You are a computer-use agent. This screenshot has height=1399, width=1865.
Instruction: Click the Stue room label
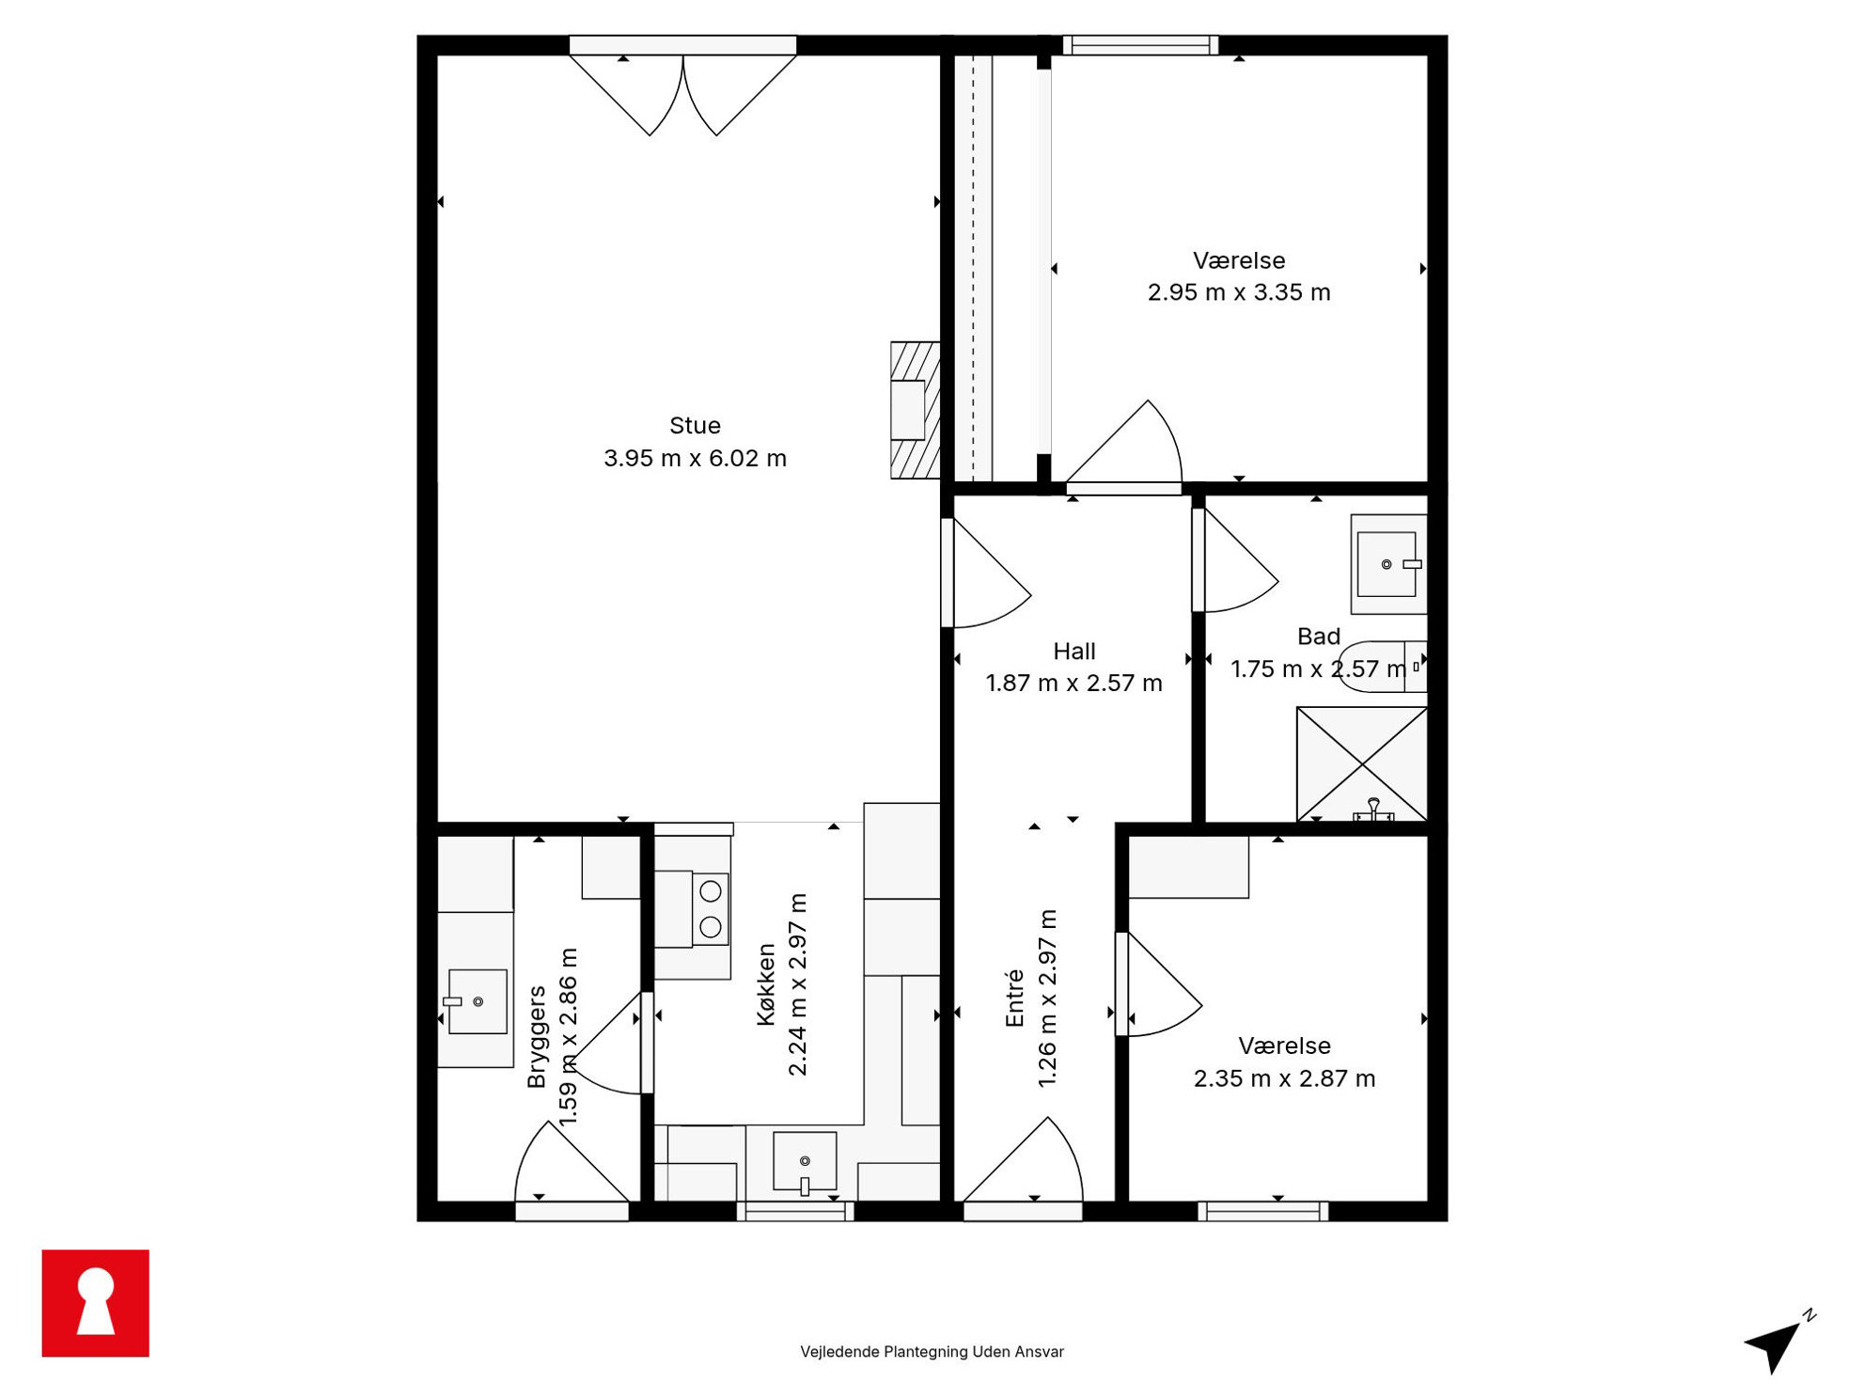[x=695, y=426]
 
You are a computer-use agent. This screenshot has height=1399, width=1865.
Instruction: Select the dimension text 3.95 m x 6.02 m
[x=695, y=459]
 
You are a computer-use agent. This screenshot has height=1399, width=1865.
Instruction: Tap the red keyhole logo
[x=95, y=1303]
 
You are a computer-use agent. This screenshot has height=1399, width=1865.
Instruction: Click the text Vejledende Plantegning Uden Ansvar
[x=932, y=1352]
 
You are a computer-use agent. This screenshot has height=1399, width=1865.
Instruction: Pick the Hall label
[x=1074, y=652]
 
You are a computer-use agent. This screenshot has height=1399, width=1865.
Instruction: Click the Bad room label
[x=1318, y=637]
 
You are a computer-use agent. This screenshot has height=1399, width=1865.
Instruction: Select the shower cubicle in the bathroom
[x=1361, y=764]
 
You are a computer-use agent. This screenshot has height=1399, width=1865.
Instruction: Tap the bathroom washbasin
[x=1388, y=564]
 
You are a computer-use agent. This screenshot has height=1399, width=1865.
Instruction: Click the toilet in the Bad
[x=1382, y=667]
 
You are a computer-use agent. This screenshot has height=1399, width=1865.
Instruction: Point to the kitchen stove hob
[x=711, y=908]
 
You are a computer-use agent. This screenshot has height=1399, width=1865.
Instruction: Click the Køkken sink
[x=805, y=1162]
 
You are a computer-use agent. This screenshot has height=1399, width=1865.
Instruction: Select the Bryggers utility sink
[x=477, y=1001]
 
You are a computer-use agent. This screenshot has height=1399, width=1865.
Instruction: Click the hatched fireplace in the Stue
[x=915, y=410]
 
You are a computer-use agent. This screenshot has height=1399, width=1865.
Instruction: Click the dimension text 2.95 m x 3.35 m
[x=1239, y=292]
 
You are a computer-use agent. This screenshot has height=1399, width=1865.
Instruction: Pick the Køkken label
[x=766, y=984]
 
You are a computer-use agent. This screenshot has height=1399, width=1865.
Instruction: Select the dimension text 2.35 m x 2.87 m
[x=1284, y=1078]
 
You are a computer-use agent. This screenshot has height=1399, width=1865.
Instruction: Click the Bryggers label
[x=537, y=1037]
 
